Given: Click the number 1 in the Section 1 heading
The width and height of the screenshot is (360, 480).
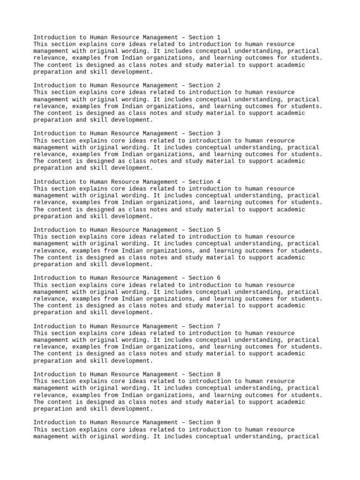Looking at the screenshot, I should click(x=218, y=37).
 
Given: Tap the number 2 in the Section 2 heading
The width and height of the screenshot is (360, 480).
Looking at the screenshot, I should click(x=218, y=86).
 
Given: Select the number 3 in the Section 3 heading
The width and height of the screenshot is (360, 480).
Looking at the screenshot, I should click(x=218, y=134).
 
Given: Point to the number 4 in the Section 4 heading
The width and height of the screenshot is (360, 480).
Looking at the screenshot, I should click(x=218, y=182).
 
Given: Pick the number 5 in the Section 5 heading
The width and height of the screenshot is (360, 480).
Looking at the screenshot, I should click(x=218, y=230).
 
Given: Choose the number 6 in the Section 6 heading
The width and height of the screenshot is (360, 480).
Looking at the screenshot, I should click(x=218, y=278).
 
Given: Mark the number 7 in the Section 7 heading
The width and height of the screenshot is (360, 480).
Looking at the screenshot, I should click(x=218, y=326).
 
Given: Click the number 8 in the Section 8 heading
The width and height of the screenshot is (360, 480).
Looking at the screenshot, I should click(x=218, y=375).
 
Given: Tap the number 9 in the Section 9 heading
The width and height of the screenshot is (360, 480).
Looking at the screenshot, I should click(x=218, y=423).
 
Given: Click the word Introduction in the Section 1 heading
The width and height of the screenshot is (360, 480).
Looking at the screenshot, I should click(x=54, y=37).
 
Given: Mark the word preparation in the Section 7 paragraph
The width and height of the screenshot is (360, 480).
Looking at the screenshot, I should click(x=52, y=361).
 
